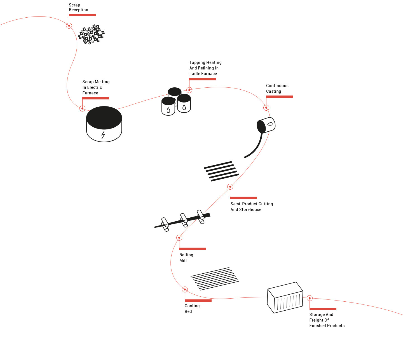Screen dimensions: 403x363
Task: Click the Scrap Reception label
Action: (x=78, y=8)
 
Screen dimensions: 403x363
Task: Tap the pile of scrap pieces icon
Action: (x=91, y=34)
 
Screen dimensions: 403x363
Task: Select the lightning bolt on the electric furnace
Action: (x=103, y=135)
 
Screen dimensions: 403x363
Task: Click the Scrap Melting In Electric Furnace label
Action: (x=96, y=87)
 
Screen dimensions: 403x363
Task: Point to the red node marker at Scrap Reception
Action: (x=69, y=25)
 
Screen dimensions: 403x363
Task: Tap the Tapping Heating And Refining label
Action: (x=205, y=68)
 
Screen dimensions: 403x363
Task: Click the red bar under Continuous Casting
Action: (x=280, y=97)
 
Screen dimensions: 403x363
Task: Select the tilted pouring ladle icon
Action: (x=266, y=125)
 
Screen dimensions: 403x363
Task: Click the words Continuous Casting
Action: (x=277, y=89)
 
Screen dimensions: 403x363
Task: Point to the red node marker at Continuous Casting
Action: (x=266, y=108)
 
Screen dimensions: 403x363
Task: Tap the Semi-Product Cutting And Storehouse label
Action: (x=252, y=206)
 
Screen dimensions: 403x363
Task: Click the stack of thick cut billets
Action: (x=221, y=171)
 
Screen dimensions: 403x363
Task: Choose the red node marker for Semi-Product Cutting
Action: (x=230, y=187)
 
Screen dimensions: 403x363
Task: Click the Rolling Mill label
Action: (x=186, y=258)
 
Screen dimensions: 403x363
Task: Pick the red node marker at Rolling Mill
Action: (x=179, y=238)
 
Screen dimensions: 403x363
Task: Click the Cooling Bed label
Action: (x=192, y=308)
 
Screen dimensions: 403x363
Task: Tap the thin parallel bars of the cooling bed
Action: (x=215, y=279)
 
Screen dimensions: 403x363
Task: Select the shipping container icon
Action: (x=285, y=297)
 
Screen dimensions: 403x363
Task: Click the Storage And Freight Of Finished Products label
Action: (x=327, y=320)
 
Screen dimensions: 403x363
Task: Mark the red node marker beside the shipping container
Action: (x=310, y=298)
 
